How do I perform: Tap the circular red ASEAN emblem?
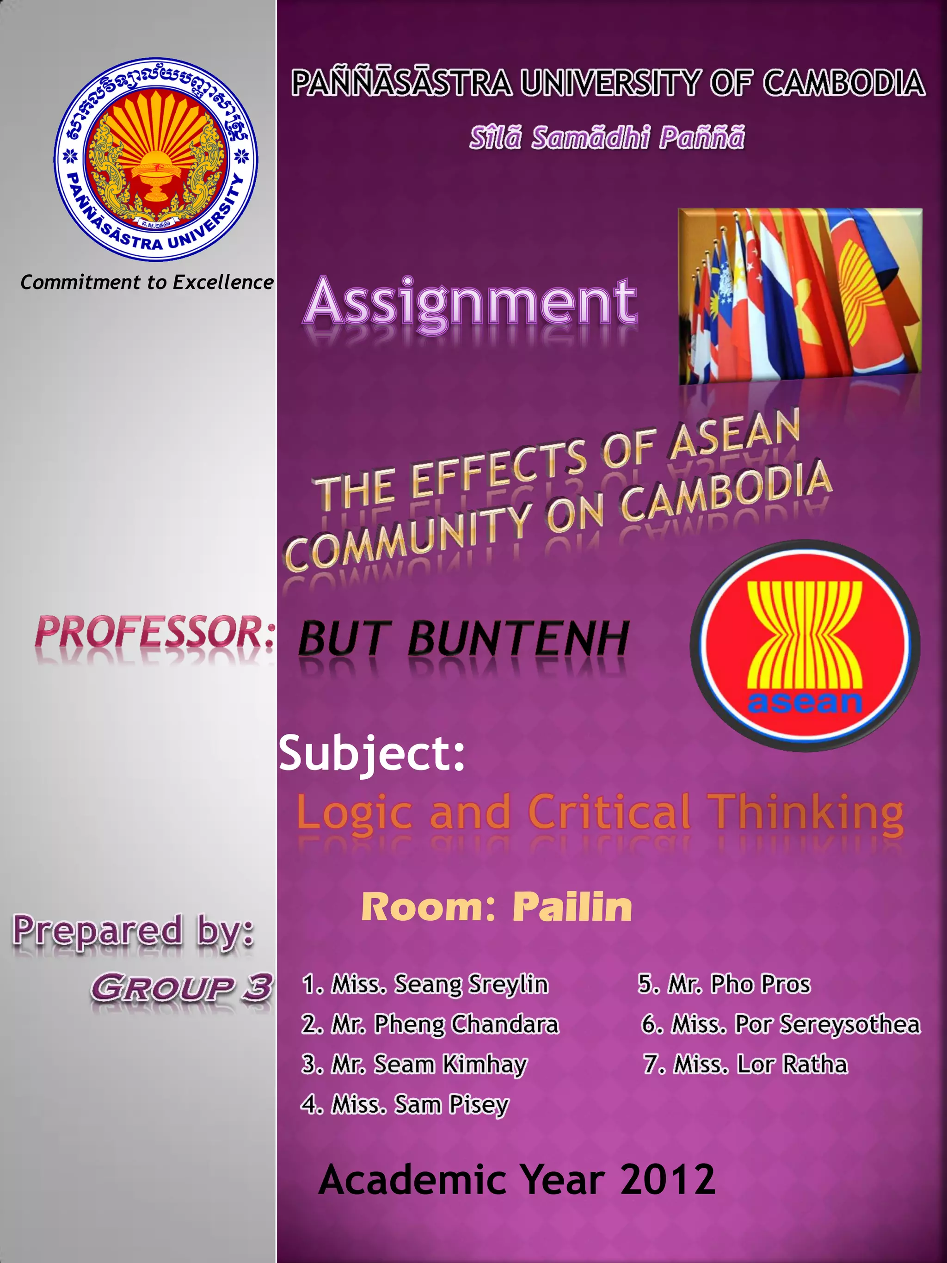(x=805, y=645)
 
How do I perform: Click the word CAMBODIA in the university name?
(x=844, y=83)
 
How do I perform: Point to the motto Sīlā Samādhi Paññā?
(x=607, y=138)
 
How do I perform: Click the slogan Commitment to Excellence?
(x=147, y=282)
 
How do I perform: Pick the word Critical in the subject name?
(x=609, y=813)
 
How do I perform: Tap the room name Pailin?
(x=572, y=907)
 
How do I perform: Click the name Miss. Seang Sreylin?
(x=425, y=985)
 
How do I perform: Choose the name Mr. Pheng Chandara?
(x=430, y=1024)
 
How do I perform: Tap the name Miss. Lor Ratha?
(x=745, y=1064)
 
